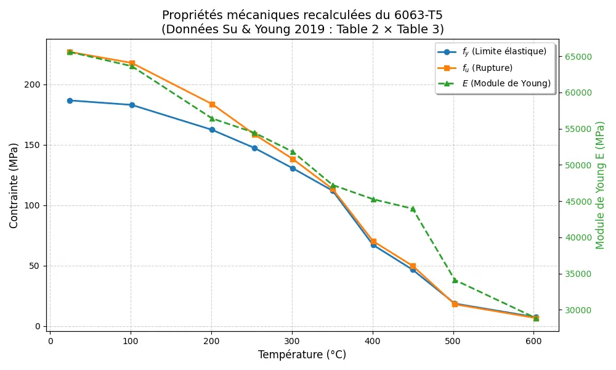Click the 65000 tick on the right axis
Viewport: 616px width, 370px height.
click(578, 57)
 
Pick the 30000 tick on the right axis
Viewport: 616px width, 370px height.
click(578, 310)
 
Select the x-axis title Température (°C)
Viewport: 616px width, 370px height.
click(302, 355)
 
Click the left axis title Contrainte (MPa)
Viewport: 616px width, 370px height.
click(14, 185)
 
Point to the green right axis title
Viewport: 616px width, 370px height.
click(600, 185)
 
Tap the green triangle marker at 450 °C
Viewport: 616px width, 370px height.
click(413, 209)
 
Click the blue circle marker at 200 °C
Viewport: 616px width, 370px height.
click(212, 130)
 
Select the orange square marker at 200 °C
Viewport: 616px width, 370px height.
click(212, 104)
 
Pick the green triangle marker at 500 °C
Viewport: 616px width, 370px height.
click(455, 280)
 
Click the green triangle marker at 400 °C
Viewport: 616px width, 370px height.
click(373, 199)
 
